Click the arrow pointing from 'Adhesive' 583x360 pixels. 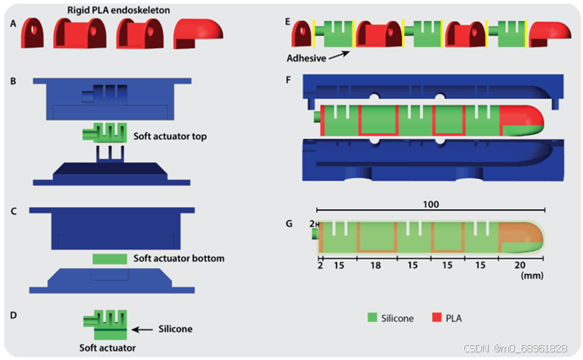click(x=340, y=55)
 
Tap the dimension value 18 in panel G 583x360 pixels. click(x=376, y=265)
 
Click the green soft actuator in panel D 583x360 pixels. click(x=104, y=320)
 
